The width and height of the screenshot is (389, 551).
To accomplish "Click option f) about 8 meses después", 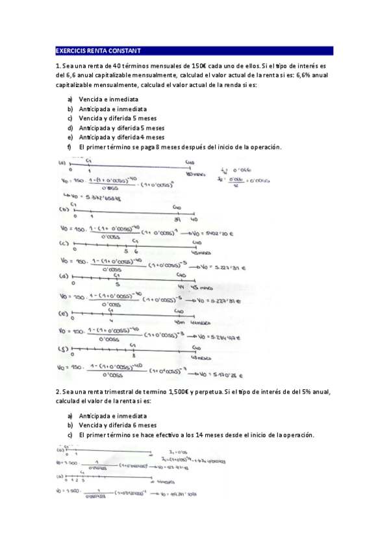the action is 179,147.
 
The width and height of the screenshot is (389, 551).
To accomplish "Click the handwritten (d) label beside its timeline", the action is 63,275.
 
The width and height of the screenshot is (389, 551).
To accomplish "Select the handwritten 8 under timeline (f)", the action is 133,357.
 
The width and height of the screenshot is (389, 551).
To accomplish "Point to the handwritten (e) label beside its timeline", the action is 63,313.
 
